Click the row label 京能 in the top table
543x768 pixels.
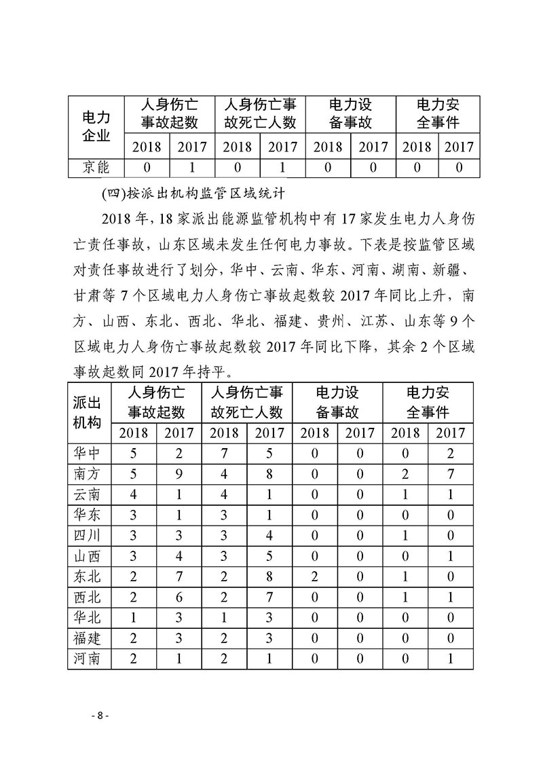[96, 167]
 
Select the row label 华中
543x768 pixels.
[87, 453]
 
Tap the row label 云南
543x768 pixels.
[87, 494]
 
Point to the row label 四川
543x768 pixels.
[87, 535]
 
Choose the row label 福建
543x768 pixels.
[87, 637]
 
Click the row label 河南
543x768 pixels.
[87, 657]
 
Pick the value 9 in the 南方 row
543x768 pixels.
[179, 473]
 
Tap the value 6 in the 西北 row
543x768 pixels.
[179, 596]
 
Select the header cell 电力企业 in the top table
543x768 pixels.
[96, 126]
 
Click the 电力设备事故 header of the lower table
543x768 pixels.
[337, 402]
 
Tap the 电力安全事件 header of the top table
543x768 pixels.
[437, 114]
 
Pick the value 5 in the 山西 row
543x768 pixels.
[269, 555]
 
